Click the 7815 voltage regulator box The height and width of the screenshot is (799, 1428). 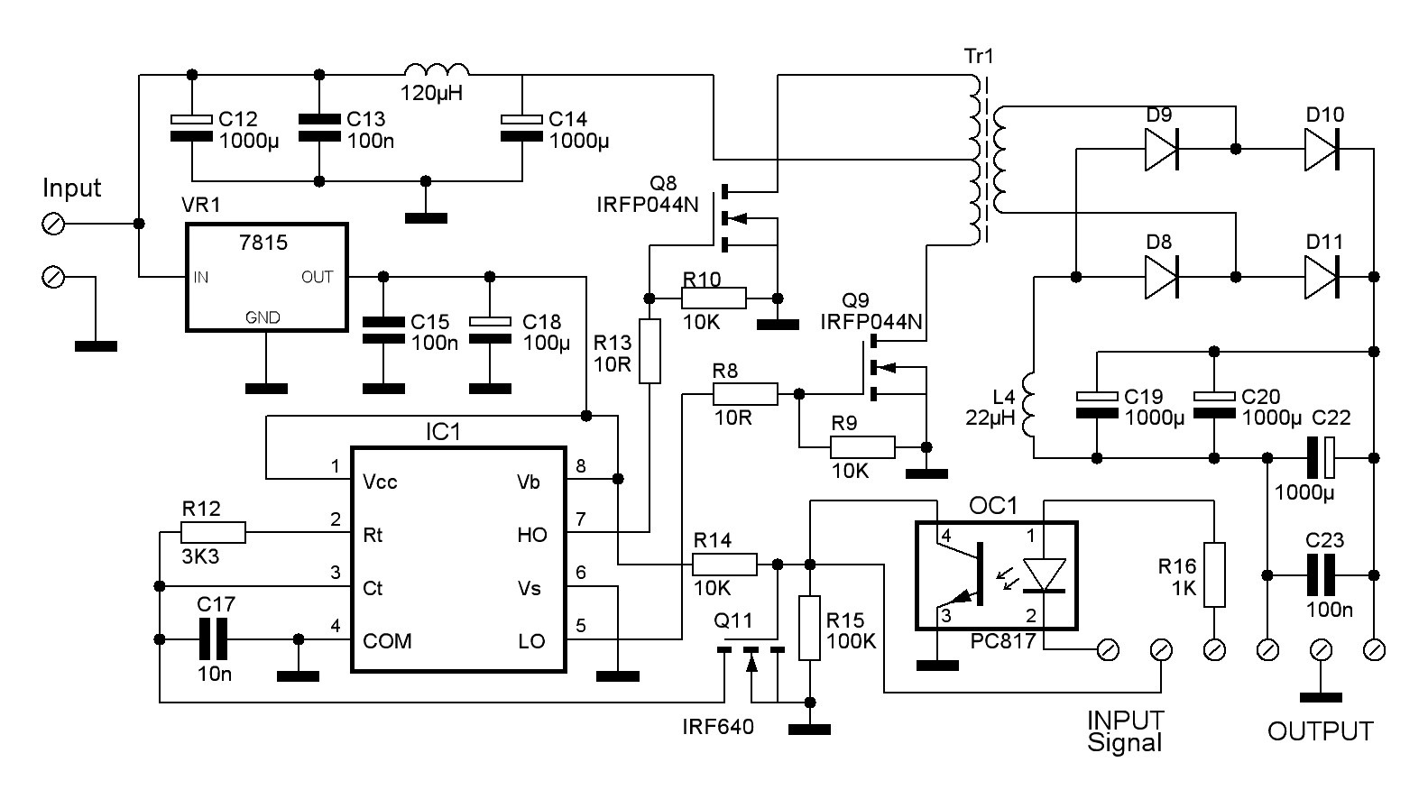pos(266,277)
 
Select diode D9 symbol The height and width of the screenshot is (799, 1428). pos(1162,149)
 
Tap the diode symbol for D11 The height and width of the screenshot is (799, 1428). pos(1322,276)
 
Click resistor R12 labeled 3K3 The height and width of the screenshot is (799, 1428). pos(213,533)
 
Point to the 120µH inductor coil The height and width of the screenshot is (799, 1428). pos(437,72)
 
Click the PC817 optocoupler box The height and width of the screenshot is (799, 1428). pos(996,574)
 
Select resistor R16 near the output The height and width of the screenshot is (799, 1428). pos(1215,574)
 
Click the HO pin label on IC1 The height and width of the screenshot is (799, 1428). pos(531,535)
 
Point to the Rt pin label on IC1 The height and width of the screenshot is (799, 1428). pos(372,535)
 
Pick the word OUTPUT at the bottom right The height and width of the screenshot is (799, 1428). pos(1320,731)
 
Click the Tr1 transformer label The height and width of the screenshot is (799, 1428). pos(979,56)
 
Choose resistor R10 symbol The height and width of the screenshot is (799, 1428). pos(714,298)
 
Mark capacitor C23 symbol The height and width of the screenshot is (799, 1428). pos(1322,574)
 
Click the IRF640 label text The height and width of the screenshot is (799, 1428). pos(718,727)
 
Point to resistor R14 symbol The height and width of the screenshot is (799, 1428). pos(723,565)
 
